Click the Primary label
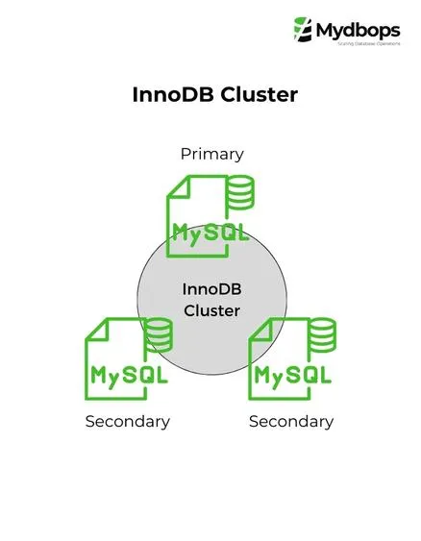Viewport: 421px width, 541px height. tap(211, 154)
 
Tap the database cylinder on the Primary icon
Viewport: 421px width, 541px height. tap(239, 194)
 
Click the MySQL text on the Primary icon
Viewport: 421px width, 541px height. tap(210, 232)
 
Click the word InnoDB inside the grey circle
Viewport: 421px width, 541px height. tap(211, 290)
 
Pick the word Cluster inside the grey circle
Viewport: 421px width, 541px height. tap(211, 311)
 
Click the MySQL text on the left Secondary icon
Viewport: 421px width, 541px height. tap(128, 374)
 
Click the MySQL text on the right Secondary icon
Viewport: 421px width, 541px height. tap(291, 374)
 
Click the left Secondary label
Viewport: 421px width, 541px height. tap(127, 421)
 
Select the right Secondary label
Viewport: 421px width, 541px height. tap(291, 421)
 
